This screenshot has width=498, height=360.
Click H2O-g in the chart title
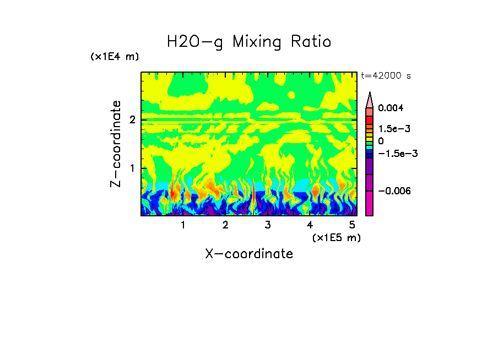[x=195, y=42]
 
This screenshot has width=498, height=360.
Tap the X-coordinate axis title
[x=249, y=254]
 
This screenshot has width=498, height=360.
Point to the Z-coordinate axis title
[x=116, y=144]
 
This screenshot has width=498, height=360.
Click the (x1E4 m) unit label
[x=115, y=57]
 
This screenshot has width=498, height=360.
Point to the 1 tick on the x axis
[x=183, y=225]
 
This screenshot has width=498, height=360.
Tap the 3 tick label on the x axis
[x=268, y=225]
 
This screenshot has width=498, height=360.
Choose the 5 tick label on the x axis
[x=352, y=225]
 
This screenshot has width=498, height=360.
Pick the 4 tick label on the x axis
[x=310, y=225]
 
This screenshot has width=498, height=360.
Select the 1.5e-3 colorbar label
[x=392, y=129]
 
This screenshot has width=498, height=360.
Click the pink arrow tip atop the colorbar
[x=370, y=99]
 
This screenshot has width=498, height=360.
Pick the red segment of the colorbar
[x=370, y=119]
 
